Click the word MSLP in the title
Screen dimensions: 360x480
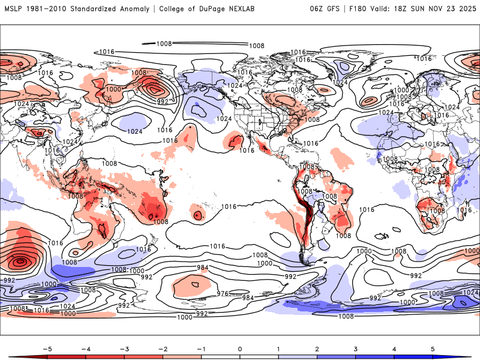pos(14,9)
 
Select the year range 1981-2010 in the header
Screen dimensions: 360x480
pos(49,9)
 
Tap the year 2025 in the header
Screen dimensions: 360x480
pos(465,9)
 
